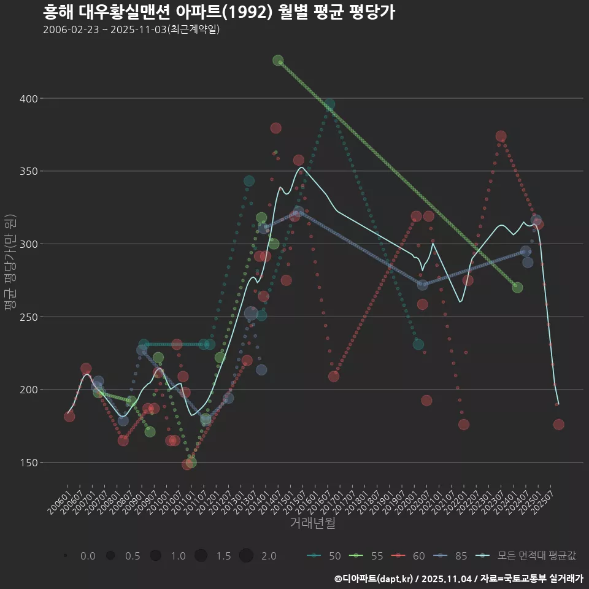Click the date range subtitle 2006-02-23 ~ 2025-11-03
(x=131, y=29)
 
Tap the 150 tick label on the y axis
(x=28, y=463)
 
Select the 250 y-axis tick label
(x=28, y=317)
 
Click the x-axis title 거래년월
(x=312, y=523)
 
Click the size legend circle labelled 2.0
(x=246, y=556)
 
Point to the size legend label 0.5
(x=133, y=556)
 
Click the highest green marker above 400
(x=278, y=61)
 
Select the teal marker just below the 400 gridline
(x=329, y=104)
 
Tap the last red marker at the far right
(x=558, y=425)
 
